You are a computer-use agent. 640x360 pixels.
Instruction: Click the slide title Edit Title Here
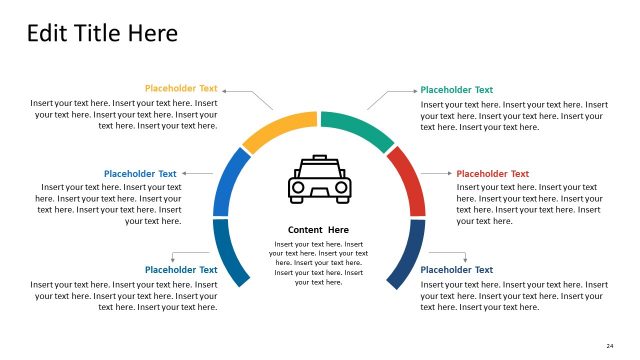click(102, 33)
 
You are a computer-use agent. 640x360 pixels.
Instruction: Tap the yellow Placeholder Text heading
click(181, 89)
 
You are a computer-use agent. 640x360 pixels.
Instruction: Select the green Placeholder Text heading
click(457, 90)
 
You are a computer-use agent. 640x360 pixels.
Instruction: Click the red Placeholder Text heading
click(493, 174)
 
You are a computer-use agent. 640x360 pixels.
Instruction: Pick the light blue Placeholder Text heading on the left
click(140, 174)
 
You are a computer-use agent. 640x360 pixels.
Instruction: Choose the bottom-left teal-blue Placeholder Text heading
click(181, 270)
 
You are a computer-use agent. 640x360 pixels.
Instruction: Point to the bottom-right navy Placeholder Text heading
click(457, 270)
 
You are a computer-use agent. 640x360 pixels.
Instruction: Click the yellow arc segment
click(277, 129)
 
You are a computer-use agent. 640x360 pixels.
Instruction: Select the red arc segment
click(408, 180)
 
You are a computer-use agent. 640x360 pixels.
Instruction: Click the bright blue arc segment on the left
click(229, 180)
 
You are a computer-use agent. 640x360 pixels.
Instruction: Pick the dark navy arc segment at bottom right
click(408, 254)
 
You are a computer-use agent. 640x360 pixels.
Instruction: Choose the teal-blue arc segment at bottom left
click(229, 254)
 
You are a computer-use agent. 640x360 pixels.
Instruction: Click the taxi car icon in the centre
click(319, 180)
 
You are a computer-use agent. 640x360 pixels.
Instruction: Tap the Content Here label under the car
click(319, 230)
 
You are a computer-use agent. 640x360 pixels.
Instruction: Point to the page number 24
click(609, 346)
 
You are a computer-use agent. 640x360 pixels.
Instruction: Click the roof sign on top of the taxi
click(319, 158)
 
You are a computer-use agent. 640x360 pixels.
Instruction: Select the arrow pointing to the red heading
click(437, 174)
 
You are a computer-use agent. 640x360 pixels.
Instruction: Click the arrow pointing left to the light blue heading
click(197, 174)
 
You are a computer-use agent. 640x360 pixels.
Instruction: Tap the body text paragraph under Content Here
click(319, 263)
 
